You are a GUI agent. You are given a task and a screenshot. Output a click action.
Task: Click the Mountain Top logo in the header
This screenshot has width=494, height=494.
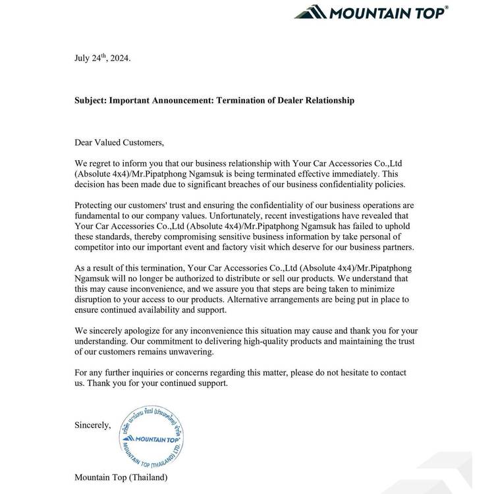coord(371,12)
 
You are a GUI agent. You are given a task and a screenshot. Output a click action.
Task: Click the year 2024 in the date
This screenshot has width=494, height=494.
coord(119,58)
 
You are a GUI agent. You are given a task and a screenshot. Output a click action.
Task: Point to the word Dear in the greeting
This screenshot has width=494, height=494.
coord(85,142)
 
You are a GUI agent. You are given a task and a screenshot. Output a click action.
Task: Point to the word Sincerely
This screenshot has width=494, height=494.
coord(93,426)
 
